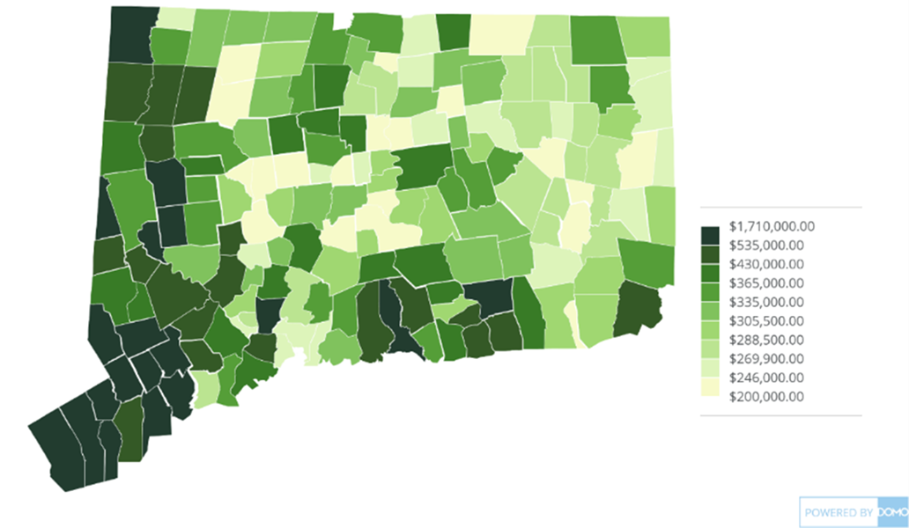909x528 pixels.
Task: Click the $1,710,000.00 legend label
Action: tap(772, 226)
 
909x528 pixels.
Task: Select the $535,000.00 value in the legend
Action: tap(767, 245)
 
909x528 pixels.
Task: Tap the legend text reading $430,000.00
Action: tap(767, 264)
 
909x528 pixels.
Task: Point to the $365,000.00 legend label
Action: tap(767, 282)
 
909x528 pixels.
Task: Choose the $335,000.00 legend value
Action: tap(767, 302)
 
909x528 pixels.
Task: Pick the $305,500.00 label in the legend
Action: tap(767, 320)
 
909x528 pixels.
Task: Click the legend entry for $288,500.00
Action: tap(767, 340)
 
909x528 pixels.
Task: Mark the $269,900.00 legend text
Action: tap(767, 358)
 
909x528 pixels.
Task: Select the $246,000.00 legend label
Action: tap(767, 378)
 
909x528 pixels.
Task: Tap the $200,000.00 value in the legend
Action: tap(767, 396)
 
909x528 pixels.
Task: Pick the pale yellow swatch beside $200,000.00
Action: tap(710, 396)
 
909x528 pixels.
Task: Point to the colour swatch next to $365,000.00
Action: tap(710, 282)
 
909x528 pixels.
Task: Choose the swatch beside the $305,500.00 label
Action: tap(710, 320)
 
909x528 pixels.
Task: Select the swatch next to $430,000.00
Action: tap(710, 264)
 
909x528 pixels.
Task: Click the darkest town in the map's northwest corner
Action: tap(130, 33)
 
